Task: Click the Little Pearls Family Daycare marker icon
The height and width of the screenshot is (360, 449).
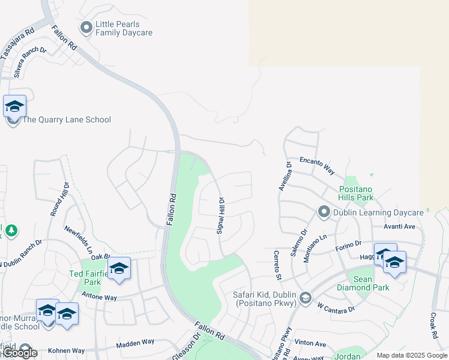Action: (x=86, y=27)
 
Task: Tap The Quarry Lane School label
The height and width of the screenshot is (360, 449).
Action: (x=66, y=119)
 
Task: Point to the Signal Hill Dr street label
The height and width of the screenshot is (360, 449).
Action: (x=220, y=215)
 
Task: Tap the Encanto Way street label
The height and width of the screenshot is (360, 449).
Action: (x=317, y=166)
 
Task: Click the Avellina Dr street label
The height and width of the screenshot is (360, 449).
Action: (x=284, y=176)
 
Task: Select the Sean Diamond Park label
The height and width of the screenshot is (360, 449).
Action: (x=371, y=283)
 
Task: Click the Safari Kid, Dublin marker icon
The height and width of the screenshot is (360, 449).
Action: (x=306, y=298)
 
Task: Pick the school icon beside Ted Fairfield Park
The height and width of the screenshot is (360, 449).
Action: (x=119, y=268)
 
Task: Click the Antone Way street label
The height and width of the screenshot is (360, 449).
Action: (x=98, y=297)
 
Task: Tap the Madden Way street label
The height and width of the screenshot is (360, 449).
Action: (x=135, y=343)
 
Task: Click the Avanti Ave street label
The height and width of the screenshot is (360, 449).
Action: (x=402, y=226)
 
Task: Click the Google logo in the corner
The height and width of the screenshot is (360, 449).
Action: (x=20, y=353)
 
